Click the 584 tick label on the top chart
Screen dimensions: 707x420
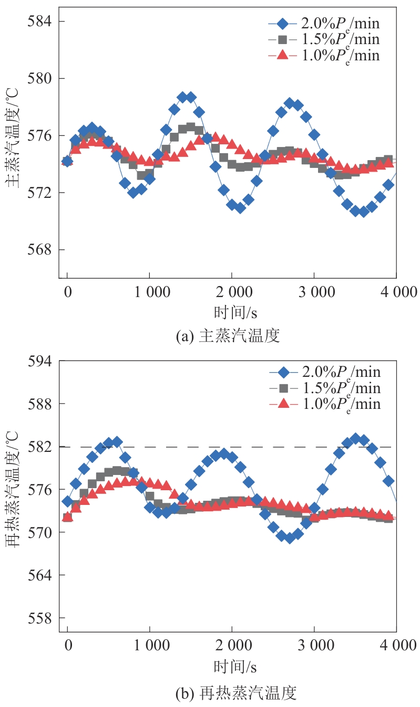(x=40, y=22)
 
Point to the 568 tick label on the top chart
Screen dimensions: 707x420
(x=40, y=250)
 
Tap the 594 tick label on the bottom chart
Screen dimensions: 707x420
(x=40, y=362)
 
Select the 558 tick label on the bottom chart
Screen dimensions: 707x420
(x=40, y=618)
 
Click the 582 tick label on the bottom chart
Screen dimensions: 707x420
(x=40, y=447)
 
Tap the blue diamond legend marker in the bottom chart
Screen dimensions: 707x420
(x=284, y=373)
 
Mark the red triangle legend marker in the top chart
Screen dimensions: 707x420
(x=283, y=55)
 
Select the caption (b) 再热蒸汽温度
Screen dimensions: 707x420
(x=235, y=693)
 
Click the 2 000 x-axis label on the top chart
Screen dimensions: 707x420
(x=232, y=292)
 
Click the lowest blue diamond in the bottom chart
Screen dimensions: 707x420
(x=289, y=538)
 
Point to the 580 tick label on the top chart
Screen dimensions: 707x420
(x=40, y=79)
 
